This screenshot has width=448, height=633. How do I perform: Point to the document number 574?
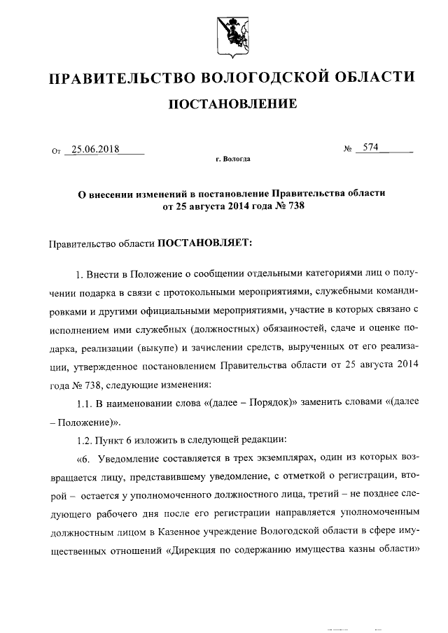click(366, 148)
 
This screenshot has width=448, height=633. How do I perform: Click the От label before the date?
click(56, 150)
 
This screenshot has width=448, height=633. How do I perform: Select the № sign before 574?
click(346, 149)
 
